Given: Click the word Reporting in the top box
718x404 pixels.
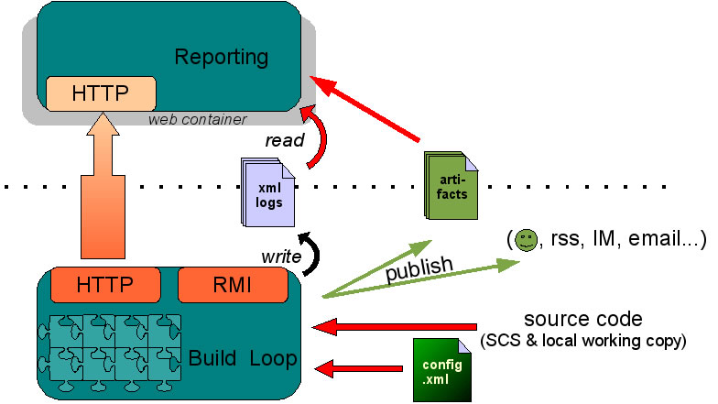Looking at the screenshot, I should point(221,57).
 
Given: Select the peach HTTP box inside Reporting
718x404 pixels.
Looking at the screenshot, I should point(101,93).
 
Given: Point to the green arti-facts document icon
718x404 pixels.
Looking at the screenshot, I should point(451,185).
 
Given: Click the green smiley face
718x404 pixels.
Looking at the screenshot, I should point(526,241).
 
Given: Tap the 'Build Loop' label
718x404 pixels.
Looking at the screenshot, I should point(243,358).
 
